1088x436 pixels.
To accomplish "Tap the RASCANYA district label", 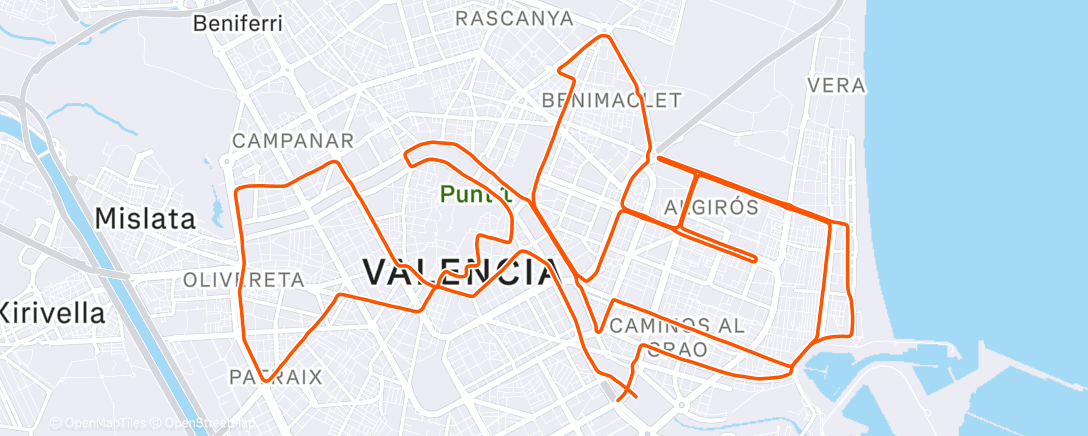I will pyautogui.click(x=514, y=19).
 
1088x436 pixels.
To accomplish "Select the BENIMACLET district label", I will pyautogui.click(x=611, y=100).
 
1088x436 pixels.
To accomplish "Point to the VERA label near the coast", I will pyautogui.click(x=835, y=86).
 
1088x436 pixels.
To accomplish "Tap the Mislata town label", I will pyautogui.click(x=145, y=218).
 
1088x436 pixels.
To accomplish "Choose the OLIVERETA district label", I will pyautogui.click(x=243, y=280).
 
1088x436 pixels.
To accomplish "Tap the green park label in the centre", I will pyautogui.click(x=475, y=194).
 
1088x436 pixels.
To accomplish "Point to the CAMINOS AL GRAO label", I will pyautogui.click(x=677, y=337).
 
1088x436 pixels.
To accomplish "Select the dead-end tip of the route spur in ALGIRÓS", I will pyautogui.click(x=754, y=259).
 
